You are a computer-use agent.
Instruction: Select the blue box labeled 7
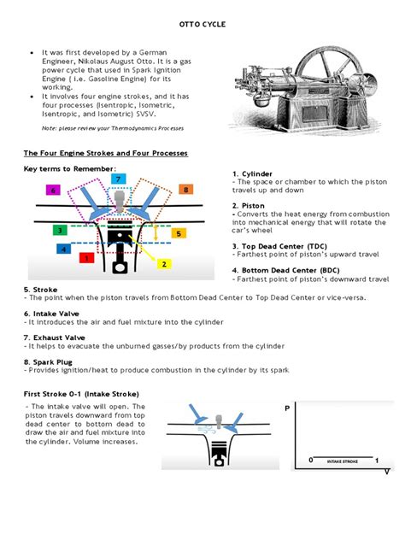pos(119,179)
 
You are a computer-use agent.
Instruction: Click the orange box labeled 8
pos(185,190)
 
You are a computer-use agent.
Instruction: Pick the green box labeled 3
pos(60,230)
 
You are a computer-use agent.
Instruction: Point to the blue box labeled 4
pos(64,249)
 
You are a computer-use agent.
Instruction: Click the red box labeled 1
pos(85,257)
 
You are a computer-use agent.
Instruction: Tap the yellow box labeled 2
pos(163,263)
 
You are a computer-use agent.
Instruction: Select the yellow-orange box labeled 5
pos(179,232)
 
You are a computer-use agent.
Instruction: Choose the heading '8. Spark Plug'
pos(51,361)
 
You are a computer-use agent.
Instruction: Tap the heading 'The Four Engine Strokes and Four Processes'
pos(105,153)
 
